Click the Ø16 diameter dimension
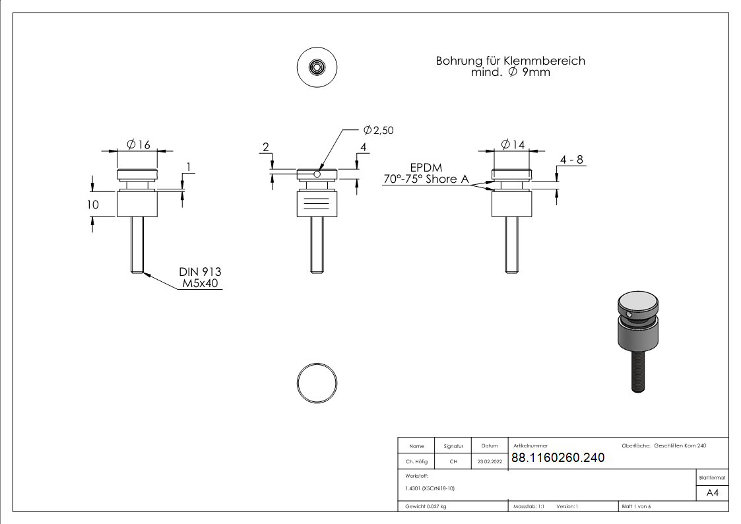(x=137, y=145)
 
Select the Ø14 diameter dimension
(x=513, y=145)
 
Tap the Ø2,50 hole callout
(x=378, y=131)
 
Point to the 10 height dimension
(x=93, y=205)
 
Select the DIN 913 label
(x=200, y=272)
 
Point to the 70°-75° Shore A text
(x=426, y=180)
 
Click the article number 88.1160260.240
(x=558, y=458)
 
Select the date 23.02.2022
(x=490, y=462)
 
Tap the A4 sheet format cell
(x=712, y=493)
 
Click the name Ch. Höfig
(x=416, y=462)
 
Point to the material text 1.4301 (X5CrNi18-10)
(x=430, y=488)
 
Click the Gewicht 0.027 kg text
(x=426, y=507)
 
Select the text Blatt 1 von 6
(x=636, y=507)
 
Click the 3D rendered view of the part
(x=637, y=340)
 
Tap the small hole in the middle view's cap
(x=317, y=175)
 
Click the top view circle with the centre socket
(x=317, y=67)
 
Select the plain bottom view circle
(x=317, y=383)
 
